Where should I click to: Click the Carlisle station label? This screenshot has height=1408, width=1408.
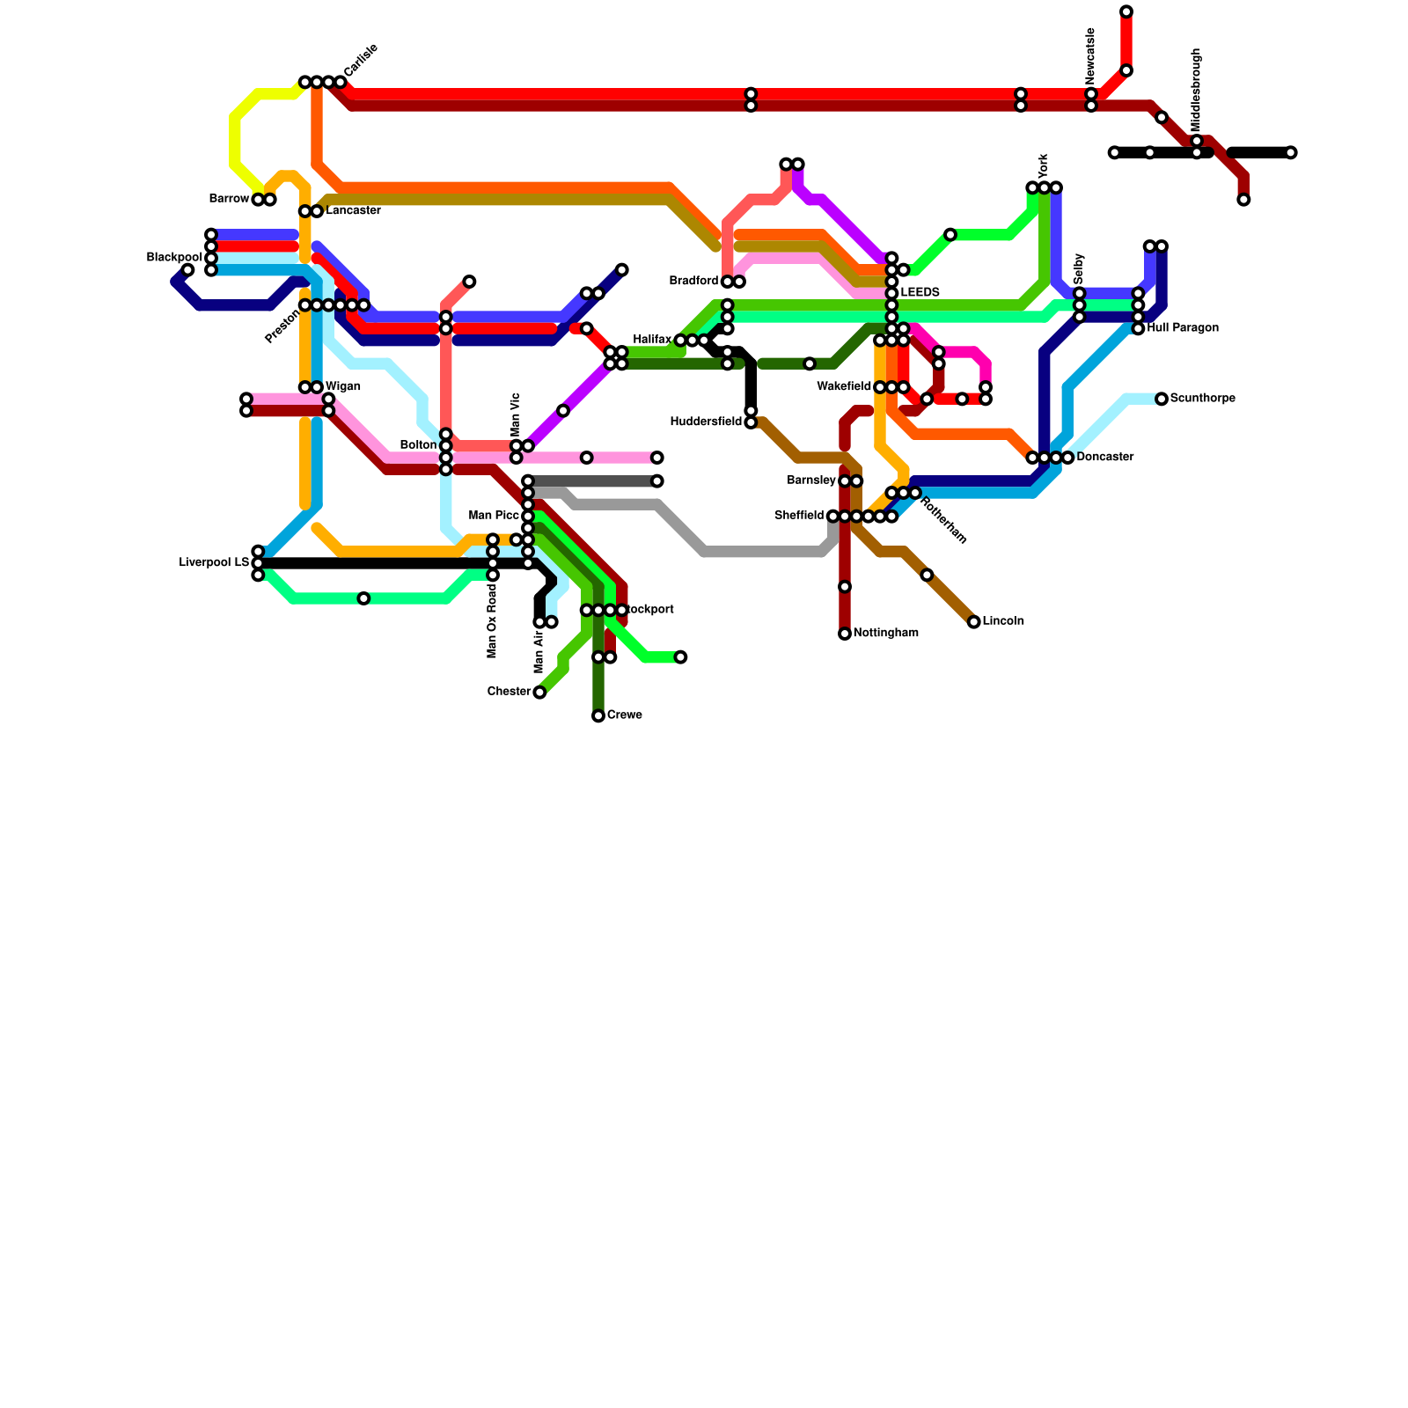[x=361, y=59]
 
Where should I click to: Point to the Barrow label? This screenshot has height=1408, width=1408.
[x=229, y=199]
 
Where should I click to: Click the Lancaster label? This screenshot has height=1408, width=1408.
[x=353, y=211]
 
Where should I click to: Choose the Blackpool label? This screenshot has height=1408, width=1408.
[x=174, y=257]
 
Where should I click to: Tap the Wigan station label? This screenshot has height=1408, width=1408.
[x=343, y=387]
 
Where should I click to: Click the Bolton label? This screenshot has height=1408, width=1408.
[x=418, y=445]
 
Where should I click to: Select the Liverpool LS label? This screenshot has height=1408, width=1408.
[x=214, y=563]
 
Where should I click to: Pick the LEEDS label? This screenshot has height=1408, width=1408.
[x=920, y=292]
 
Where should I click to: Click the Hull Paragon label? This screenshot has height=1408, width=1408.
[x=1183, y=328]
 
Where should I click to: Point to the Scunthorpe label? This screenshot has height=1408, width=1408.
[x=1202, y=399]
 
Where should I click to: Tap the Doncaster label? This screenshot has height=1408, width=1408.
[x=1104, y=458]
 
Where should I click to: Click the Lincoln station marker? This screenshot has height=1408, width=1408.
[x=973, y=622]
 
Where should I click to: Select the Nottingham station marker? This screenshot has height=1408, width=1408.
[x=845, y=634]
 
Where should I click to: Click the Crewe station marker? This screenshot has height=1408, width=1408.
[x=598, y=715]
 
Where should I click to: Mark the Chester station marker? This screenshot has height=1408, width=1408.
[x=539, y=693]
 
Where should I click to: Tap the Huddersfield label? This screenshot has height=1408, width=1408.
[x=706, y=422]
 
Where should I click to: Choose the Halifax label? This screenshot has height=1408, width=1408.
[x=652, y=340]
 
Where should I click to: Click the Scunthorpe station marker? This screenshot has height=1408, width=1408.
[x=1162, y=399]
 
